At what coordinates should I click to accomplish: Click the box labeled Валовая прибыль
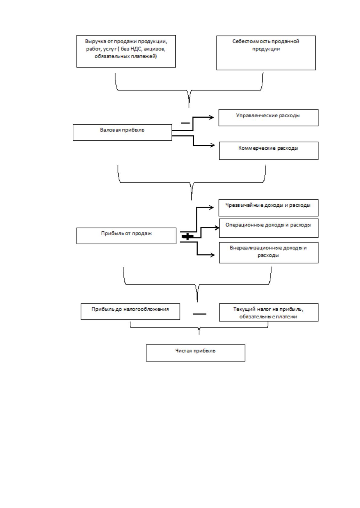click(x=122, y=132)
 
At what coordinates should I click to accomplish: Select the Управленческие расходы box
click(x=268, y=118)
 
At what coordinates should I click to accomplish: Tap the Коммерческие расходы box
click(x=268, y=151)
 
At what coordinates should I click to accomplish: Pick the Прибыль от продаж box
click(x=126, y=236)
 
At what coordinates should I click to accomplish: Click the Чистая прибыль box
click(x=195, y=353)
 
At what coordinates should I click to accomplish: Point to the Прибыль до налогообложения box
click(x=130, y=312)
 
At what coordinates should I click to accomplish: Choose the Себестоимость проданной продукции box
click(x=266, y=52)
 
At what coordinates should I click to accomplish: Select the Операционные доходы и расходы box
click(x=268, y=228)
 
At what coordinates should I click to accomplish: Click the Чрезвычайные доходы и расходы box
click(x=268, y=208)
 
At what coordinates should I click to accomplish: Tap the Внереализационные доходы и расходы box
click(x=268, y=252)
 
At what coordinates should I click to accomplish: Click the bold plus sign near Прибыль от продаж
click(x=187, y=236)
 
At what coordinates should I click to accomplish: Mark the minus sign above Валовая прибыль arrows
click(x=185, y=123)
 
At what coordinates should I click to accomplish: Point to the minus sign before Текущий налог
click(x=199, y=314)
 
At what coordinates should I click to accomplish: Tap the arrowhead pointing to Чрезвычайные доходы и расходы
click(x=212, y=207)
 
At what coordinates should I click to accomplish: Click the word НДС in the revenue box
click(x=136, y=49)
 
